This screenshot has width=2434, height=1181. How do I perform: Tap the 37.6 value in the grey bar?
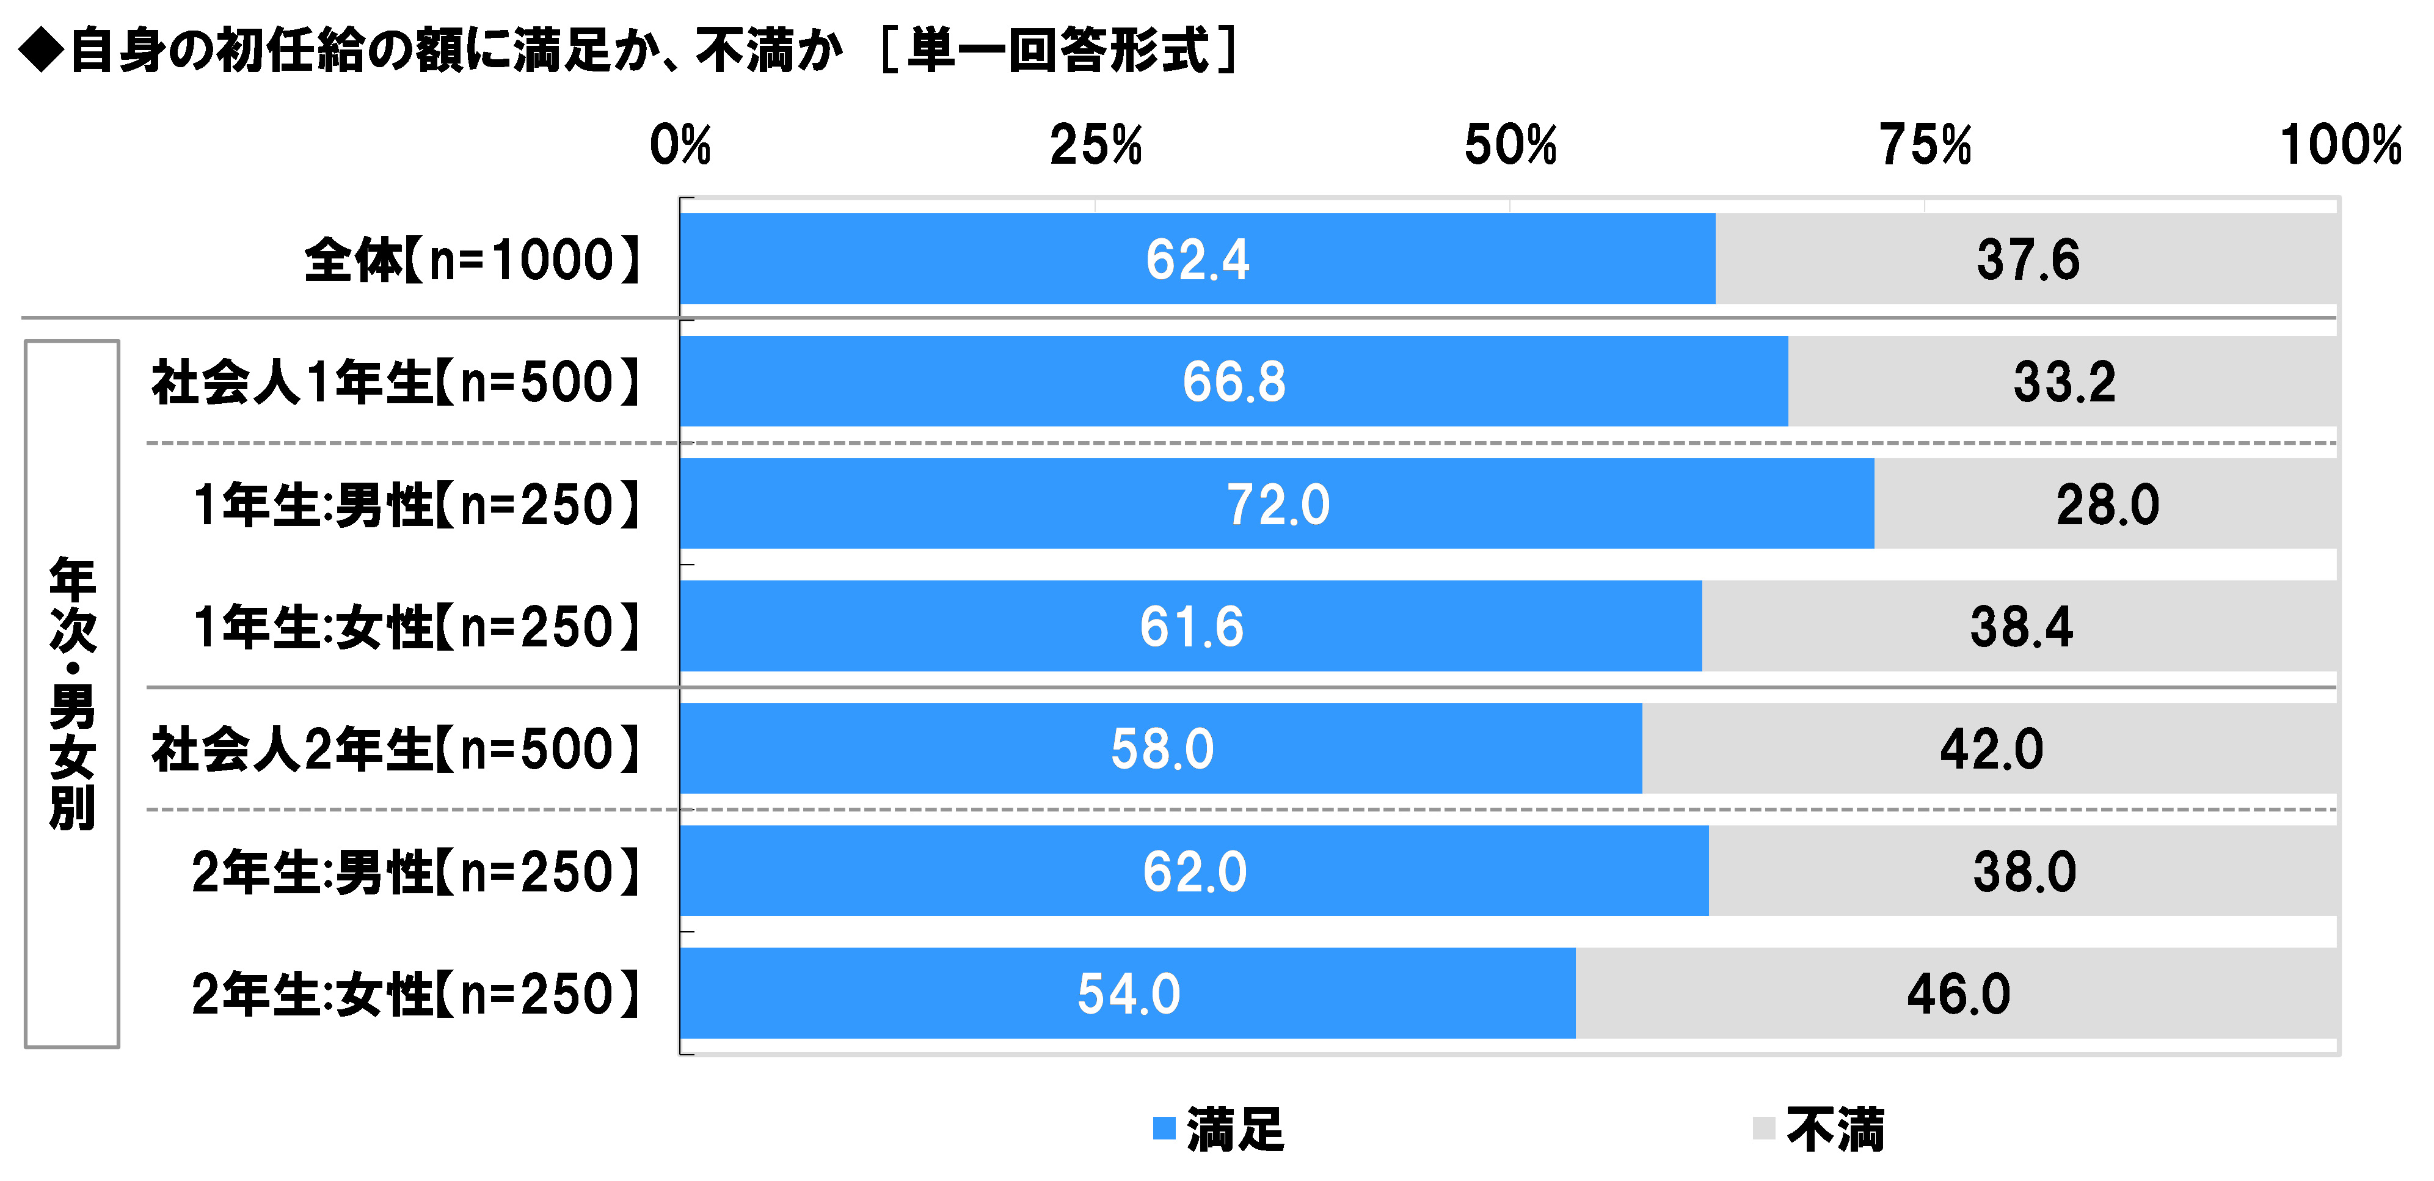(x=2028, y=260)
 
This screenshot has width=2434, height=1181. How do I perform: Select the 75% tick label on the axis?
(x=1925, y=145)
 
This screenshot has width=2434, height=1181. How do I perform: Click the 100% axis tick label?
(x=2339, y=145)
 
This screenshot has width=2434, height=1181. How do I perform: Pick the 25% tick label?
(x=1095, y=145)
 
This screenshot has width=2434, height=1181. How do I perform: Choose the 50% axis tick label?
(x=1510, y=145)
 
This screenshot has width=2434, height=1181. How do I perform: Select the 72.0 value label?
(x=1278, y=505)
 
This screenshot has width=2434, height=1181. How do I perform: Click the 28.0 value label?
(x=2107, y=505)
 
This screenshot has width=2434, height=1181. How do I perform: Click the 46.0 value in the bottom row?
(x=1958, y=994)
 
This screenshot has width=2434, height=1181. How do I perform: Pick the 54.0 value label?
(x=1128, y=994)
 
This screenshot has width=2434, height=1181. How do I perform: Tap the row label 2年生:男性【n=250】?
(x=417, y=871)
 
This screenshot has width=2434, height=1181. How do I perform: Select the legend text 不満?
(x=1835, y=1130)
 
